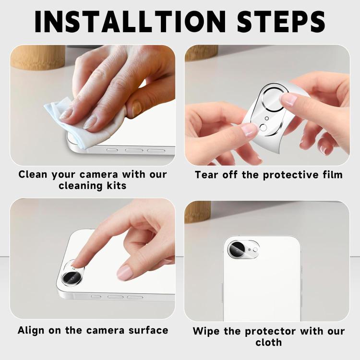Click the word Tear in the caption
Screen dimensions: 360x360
[x=205, y=174]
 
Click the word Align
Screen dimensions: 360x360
[x=34, y=330]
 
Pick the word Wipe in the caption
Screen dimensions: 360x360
[x=206, y=331]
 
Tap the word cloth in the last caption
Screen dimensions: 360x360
[x=268, y=343]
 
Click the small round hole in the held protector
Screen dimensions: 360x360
[x=263, y=128]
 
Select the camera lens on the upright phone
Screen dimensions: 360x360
[x=237, y=249]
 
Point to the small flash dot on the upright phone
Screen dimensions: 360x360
[x=255, y=250]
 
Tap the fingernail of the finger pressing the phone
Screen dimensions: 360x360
[x=125, y=273]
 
